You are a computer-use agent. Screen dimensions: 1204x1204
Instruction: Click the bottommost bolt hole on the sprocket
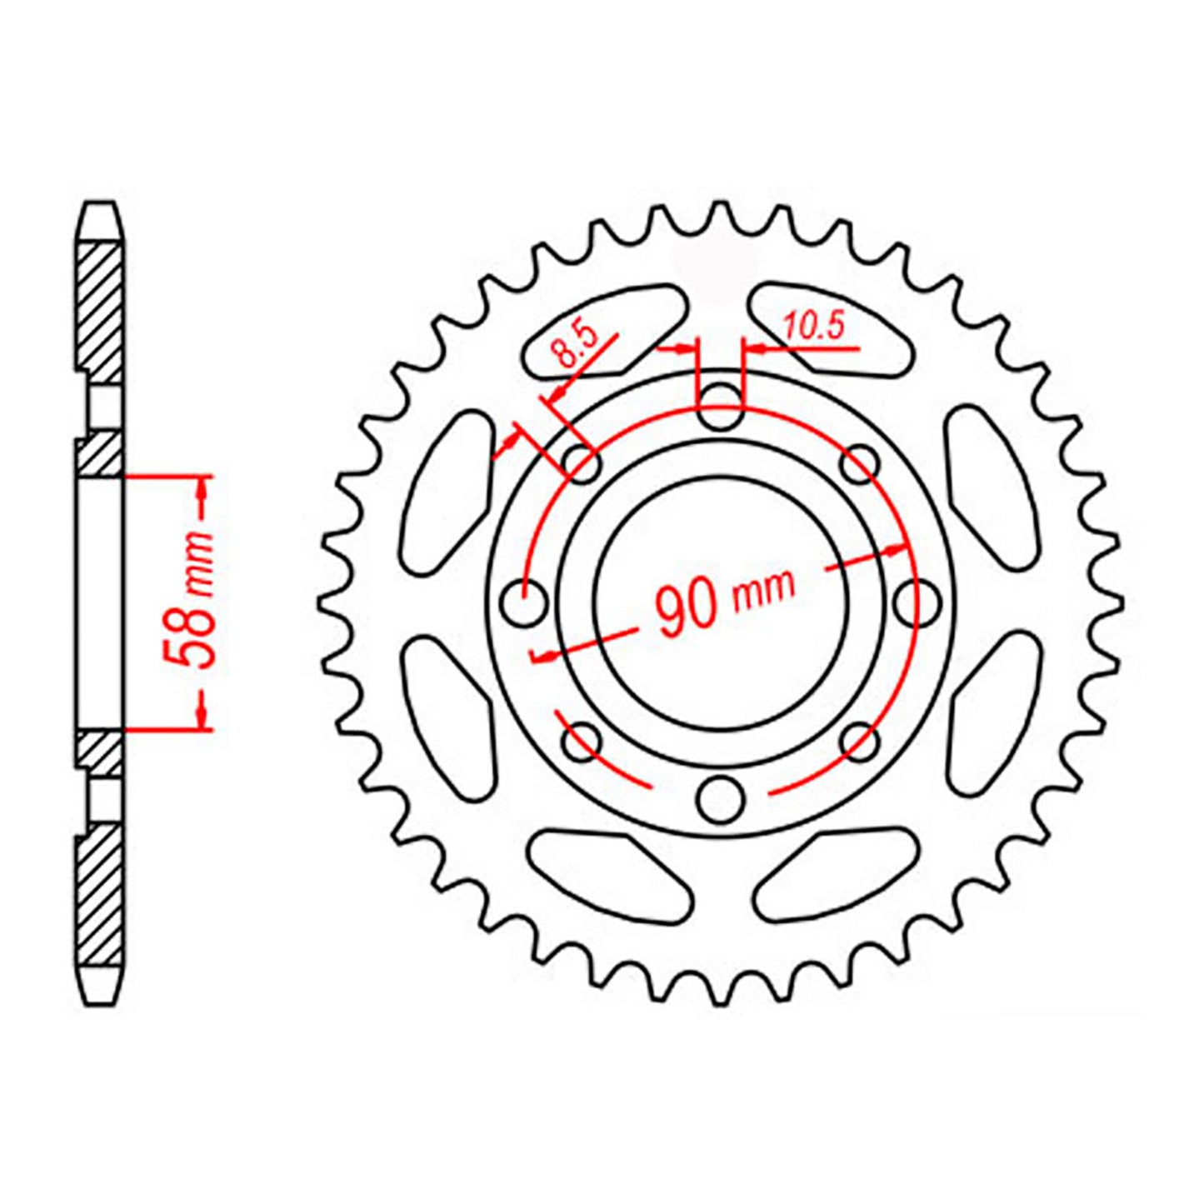coord(720,799)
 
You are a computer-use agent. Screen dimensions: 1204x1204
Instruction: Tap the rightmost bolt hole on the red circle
coord(914,600)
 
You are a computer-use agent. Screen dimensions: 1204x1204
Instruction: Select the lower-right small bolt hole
coord(859,741)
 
